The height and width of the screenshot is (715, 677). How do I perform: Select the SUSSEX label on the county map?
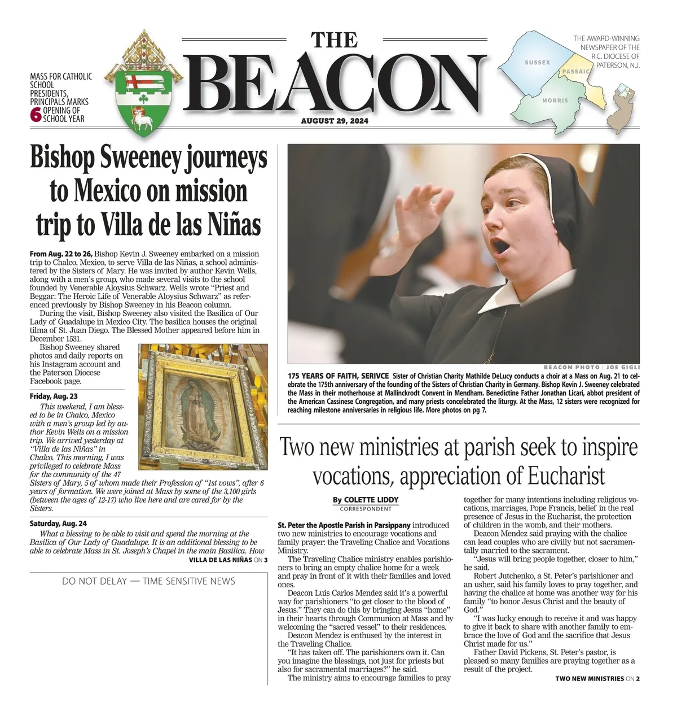click(537, 62)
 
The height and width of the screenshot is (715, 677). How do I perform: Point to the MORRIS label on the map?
click(555, 101)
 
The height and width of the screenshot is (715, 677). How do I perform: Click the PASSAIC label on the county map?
click(575, 72)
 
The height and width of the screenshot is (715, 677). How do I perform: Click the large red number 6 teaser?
click(36, 115)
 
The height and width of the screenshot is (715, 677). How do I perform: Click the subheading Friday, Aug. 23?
click(54, 396)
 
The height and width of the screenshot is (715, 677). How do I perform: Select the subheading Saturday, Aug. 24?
click(58, 524)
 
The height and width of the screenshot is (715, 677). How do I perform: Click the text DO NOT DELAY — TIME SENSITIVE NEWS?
click(148, 581)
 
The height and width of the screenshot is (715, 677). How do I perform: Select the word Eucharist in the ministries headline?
click(566, 476)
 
